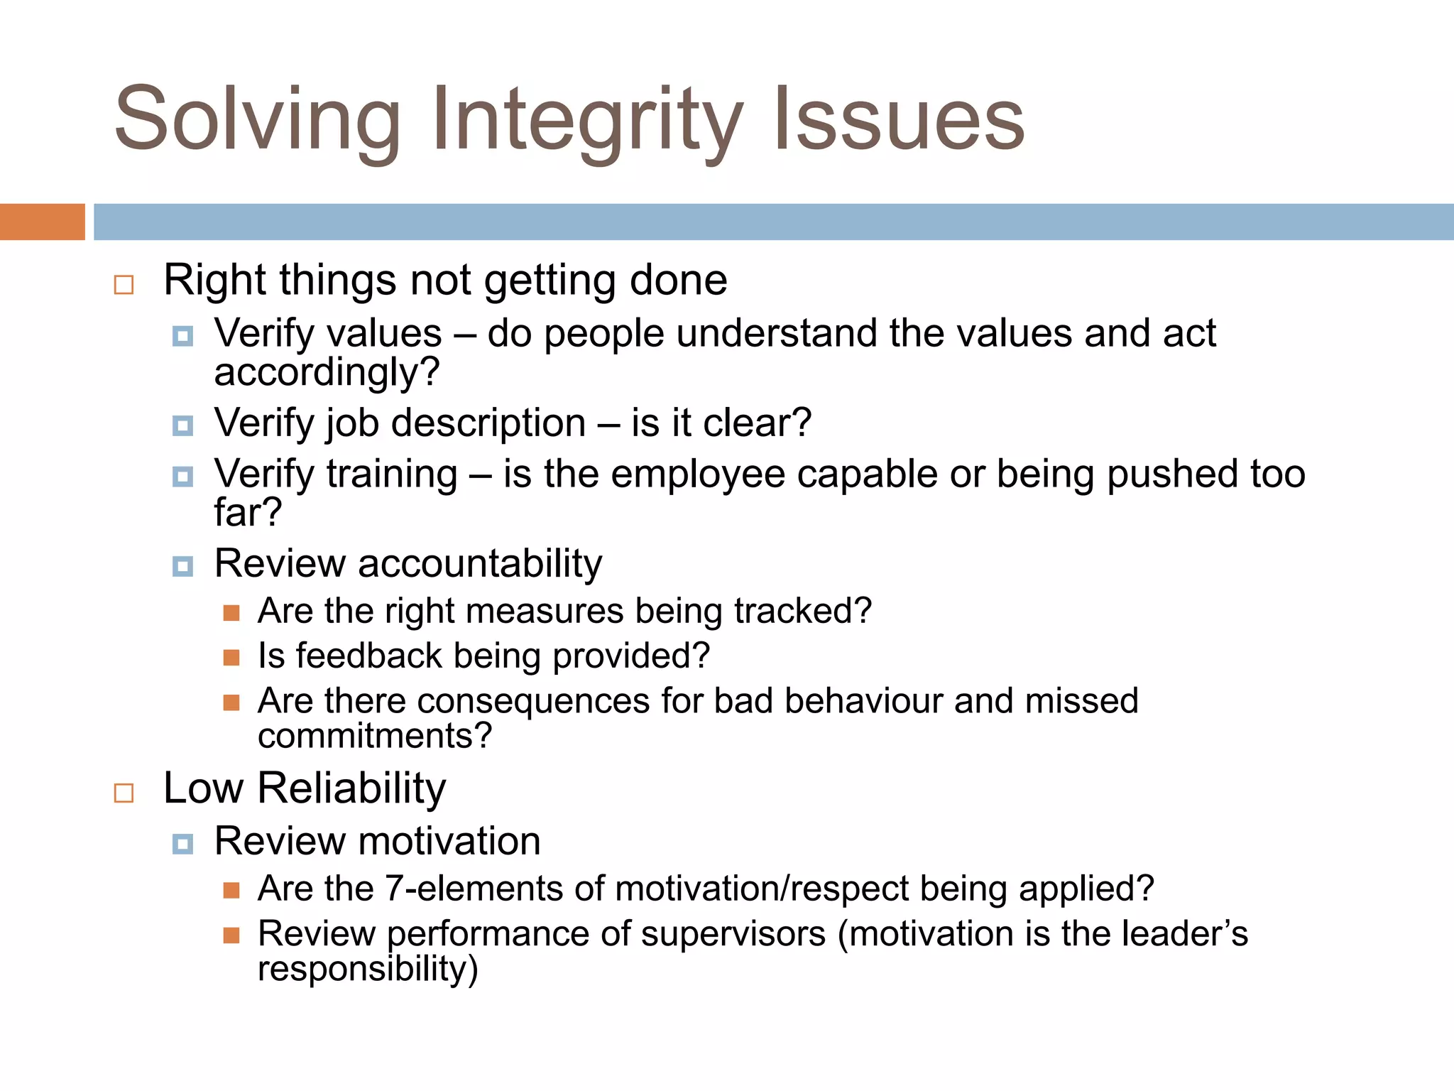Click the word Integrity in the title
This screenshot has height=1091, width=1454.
(588, 121)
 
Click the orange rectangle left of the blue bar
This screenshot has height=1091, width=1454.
(42, 222)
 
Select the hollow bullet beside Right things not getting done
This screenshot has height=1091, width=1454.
(124, 285)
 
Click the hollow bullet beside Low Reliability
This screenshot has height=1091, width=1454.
(124, 792)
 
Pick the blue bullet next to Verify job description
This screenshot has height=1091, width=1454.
(182, 425)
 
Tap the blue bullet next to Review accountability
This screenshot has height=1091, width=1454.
(182, 566)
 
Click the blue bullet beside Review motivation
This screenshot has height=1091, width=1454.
(182, 844)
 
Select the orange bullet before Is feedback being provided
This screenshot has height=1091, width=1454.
(231, 657)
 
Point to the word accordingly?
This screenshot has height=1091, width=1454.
(327, 373)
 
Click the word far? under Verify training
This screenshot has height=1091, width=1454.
(248, 513)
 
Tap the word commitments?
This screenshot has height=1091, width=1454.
(375, 736)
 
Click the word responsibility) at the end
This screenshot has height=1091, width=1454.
(368, 969)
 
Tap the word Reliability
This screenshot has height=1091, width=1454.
(351, 788)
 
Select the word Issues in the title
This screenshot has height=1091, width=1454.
(899, 121)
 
